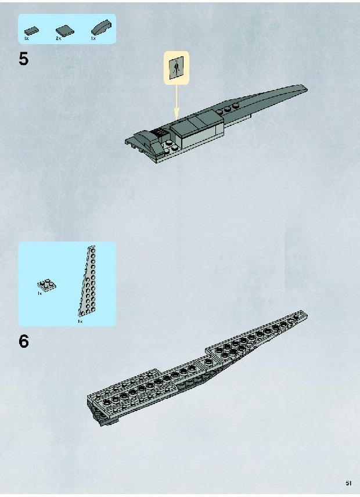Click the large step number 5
(x=23, y=59)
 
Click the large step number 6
(x=23, y=341)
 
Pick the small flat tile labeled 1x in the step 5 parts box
(x=31, y=31)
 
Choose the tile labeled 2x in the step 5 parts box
(x=65, y=30)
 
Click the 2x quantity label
(x=58, y=38)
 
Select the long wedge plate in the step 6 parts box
(x=88, y=281)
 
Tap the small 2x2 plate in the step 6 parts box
(x=46, y=285)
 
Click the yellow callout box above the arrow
(x=177, y=68)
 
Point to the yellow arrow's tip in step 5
(x=177, y=120)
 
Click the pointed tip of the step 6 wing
(x=306, y=315)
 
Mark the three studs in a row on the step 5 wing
(x=227, y=109)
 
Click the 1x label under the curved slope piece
(x=93, y=38)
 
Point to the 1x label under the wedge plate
(x=80, y=322)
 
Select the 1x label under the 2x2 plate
(x=39, y=294)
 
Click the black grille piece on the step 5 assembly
(x=160, y=131)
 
